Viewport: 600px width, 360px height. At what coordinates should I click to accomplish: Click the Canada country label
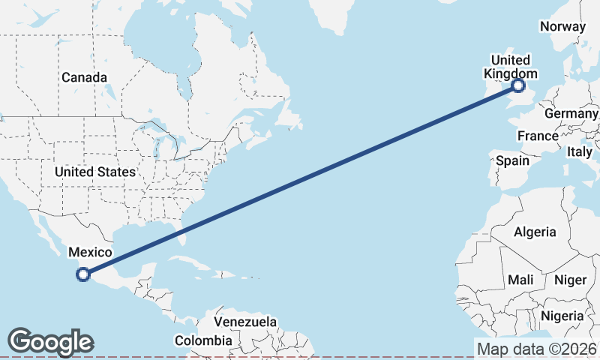pyautogui.click(x=84, y=77)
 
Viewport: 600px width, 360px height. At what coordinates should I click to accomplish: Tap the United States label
pyautogui.click(x=95, y=172)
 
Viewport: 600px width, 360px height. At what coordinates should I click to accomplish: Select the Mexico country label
pyautogui.click(x=90, y=252)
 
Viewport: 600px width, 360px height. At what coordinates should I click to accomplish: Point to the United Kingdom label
pyautogui.click(x=510, y=67)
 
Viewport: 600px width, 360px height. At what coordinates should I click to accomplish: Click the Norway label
pyautogui.click(x=562, y=26)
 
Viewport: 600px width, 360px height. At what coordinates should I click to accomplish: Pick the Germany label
pyautogui.click(x=571, y=113)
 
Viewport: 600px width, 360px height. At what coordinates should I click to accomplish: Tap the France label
pyautogui.click(x=538, y=136)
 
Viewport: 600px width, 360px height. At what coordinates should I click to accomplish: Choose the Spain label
pyautogui.click(x=512, y=160)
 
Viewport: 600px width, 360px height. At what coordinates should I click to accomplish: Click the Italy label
pyautogui.click(x=580, y=151)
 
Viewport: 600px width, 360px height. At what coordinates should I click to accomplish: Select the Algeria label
pyautogui.click(x=535, y=232)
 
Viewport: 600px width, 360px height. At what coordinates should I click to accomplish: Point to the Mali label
pyautogui.click(x=520, y=280)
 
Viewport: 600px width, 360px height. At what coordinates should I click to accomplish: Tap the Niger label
pyautogui.click(x=570, y=280)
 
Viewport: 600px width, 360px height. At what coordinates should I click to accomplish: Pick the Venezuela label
pyautogui.click(x=245, y=322)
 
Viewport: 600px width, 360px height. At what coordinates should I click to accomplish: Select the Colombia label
pyautogui.click(x=203, y=340)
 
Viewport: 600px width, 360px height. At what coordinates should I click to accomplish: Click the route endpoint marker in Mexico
pyautogui.click(x=83, y=274)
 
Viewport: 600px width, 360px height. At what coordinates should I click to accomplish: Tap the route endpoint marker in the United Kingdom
pyautogui.click(x=517, y=86)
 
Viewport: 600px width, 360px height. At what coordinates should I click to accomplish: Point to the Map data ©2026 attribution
pyautogui.click(x=537, y=349)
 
